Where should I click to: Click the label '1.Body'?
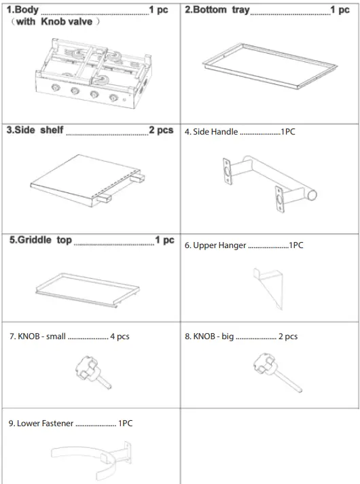coord(22,11)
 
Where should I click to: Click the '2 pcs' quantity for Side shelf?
coord(161,131)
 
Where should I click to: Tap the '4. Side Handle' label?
coord(211,132)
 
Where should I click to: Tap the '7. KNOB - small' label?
coord(37,336)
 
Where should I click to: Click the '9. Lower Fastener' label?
coord(41,423)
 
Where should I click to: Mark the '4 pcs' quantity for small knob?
coord(120,336)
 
